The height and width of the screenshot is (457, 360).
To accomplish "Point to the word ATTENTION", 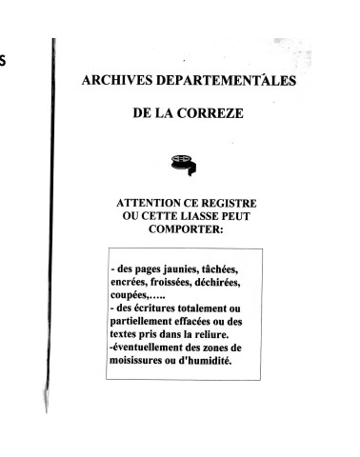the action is click(x=155, y=205).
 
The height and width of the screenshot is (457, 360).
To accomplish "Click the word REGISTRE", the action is click(x=233, y=205).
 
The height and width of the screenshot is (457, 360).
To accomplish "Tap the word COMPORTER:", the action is click(x=185, y=231).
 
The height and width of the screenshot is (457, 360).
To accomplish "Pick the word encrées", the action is click(x=134, y=285).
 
